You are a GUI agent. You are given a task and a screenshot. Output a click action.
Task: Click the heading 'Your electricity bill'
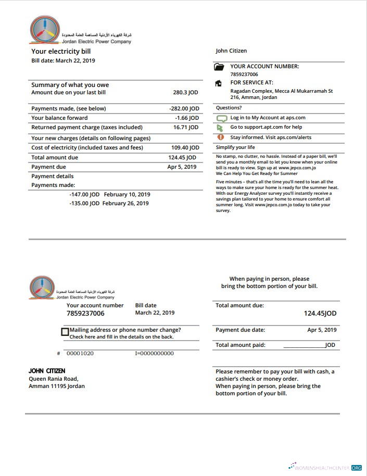point(61,52)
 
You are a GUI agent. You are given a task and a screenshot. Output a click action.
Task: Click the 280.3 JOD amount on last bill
point(185,93)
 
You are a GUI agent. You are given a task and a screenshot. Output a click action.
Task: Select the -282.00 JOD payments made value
point(184,109)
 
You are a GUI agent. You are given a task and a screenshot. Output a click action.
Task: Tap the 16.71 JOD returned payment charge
point(186,128)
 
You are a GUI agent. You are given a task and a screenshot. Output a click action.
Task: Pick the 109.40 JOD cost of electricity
point(185,148)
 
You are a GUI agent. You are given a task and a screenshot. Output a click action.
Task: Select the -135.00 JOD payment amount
point(84,204)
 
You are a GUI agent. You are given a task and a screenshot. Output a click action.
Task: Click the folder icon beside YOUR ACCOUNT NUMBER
point(219,67)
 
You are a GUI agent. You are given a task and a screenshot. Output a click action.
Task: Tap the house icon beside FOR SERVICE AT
point(219,83)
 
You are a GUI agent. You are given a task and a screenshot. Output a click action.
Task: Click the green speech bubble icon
point(220,119)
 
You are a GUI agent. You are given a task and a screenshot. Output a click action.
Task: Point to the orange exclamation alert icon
point(220,137)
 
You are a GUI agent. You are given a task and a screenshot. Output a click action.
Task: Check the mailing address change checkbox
point(65,332)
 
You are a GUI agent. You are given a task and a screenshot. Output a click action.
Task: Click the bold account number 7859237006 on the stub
point(85,314)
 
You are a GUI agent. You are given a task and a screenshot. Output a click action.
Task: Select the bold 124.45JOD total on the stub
point(320,314)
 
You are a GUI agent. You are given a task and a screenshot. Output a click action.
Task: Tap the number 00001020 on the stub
point(80,354)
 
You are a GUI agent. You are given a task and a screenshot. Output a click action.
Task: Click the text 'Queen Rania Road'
point(53,379)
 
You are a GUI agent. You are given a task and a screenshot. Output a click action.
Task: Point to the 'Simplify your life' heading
point(235,147)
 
